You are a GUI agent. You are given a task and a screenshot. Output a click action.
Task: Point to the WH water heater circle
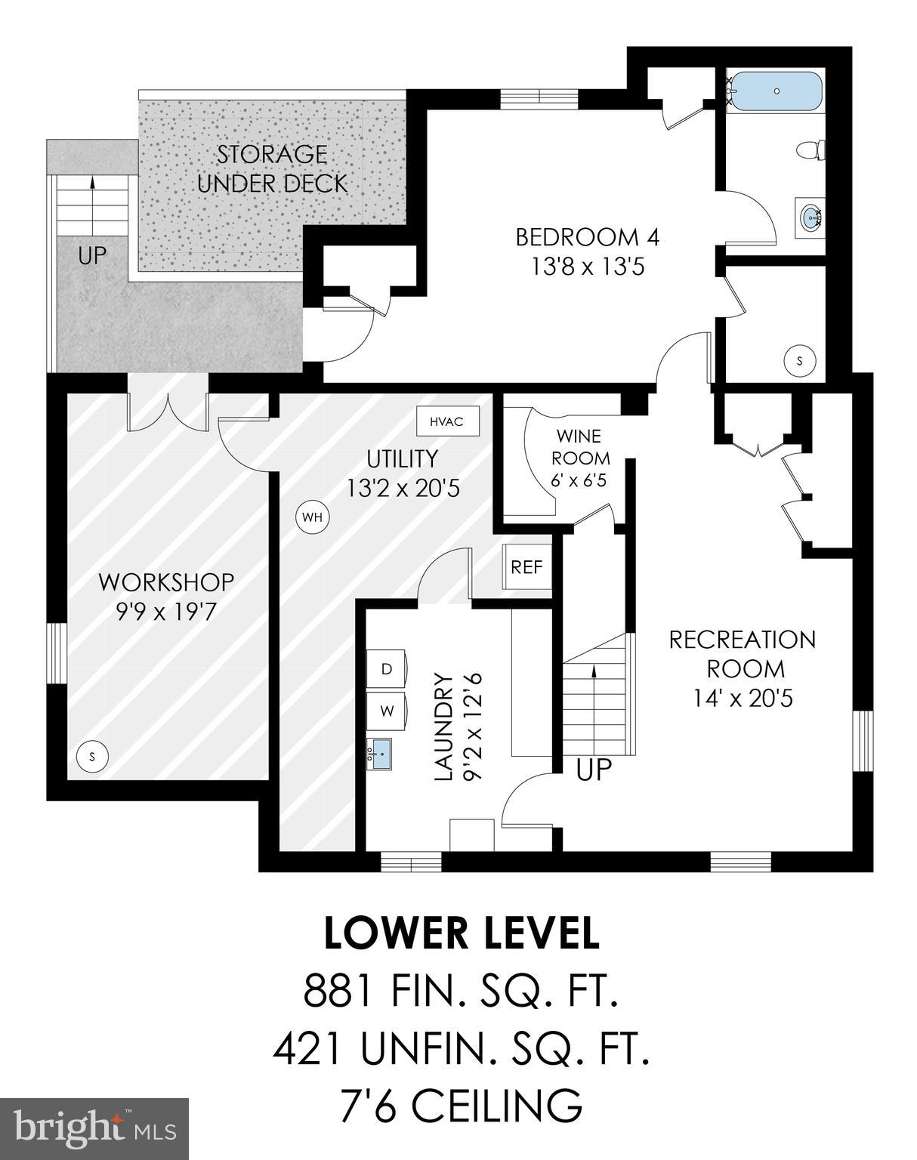pos(312,517)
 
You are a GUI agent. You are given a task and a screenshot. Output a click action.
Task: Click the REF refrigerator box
pos(526,566)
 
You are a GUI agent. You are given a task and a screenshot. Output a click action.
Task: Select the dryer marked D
pos(387,669)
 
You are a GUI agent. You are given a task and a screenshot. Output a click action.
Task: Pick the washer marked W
pos(387,711)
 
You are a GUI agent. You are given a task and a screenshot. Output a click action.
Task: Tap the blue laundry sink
pos(380,754)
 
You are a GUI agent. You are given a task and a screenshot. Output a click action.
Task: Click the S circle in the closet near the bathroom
pos(801,361)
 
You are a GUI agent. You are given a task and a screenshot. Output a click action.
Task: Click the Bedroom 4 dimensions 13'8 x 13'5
pos(587,267)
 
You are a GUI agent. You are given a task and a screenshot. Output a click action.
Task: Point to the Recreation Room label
pos(743,654)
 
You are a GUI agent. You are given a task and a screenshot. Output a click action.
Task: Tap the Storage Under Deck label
pos(272,168)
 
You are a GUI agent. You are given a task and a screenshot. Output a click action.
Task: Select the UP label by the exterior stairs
pos(92,256)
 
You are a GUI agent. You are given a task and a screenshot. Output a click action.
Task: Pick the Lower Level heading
pos(462,933)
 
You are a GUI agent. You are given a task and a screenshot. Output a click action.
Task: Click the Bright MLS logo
pos(94,1128)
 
